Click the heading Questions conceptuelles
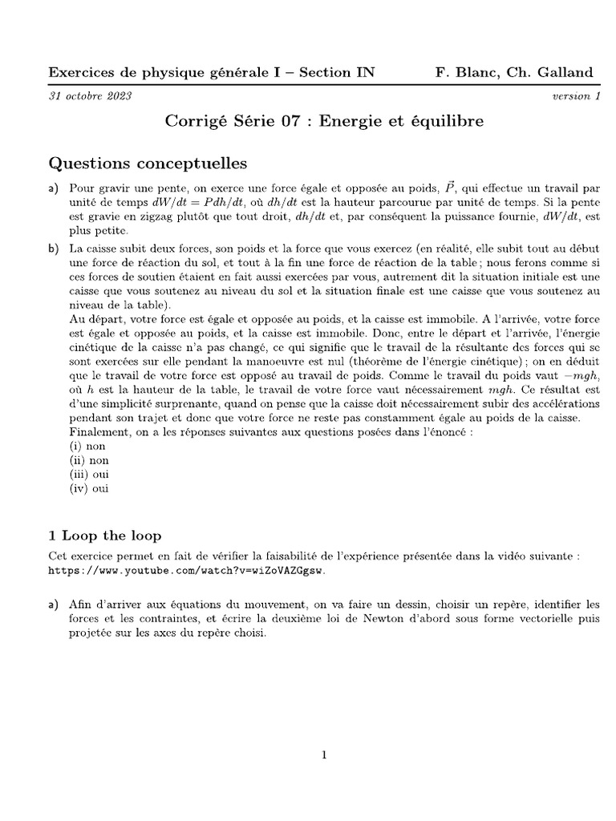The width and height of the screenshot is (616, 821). [148, 164]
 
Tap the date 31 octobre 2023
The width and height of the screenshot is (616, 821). [90, 96]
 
